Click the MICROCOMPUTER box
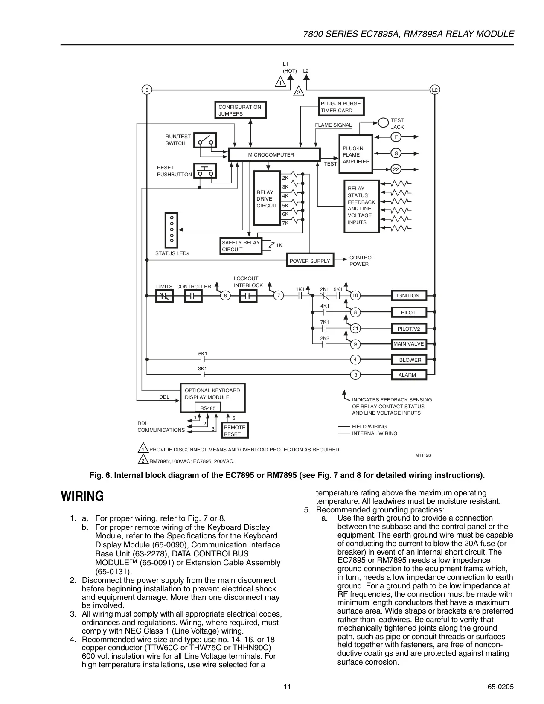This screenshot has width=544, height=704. pyautogui.click(x=274, y=154)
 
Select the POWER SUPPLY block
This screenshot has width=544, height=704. pyautogui.click(x=310, y=260)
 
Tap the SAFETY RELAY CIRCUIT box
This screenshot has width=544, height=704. pyautogui.click(x=241, y=246)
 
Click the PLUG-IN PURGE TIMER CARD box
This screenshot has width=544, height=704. pyautogui.click(x=341, y=107)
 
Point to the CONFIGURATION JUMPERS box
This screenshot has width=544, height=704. pyautogui.click(x=240, y=110)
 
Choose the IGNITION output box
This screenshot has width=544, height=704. pyautogui.click(x=409, y=295)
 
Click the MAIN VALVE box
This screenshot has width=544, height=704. pyautogui.click(x=409, y=344)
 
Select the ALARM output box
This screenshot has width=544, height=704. pyautogui.click(x=409, y=375)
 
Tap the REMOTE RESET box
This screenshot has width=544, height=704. pyautogui.click(x=235, y=430)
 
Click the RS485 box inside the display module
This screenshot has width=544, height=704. pyautogui.click(x=207, y=407)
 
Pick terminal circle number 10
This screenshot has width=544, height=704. pyautogui.click(x=355, y=295)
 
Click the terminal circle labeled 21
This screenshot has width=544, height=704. pyautogui.click(x=355, y=329)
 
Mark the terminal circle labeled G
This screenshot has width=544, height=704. pyautogui.click(x=396, y=153)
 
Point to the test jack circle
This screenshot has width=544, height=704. pyautogui.click(x=383, y=123)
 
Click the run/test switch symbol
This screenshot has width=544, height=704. pyautogui.click(x=205, y=141)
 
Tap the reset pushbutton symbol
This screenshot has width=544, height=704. pyautogui.click(x=205, y=171)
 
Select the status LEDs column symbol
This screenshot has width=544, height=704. pyautogui.click(x=172, y=230)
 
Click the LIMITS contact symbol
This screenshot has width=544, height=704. pyautogui.click(x=165, y=296)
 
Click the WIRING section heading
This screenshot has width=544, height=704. pyautogui.click(x=82, y=496)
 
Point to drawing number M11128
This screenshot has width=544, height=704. pyautogui.click(x=423, y=455)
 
